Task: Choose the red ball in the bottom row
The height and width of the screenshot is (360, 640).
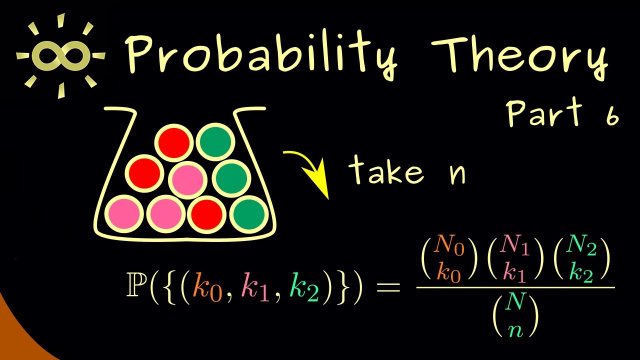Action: click(206, 215)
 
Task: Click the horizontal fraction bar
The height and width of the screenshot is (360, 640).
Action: click(515, 287)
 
